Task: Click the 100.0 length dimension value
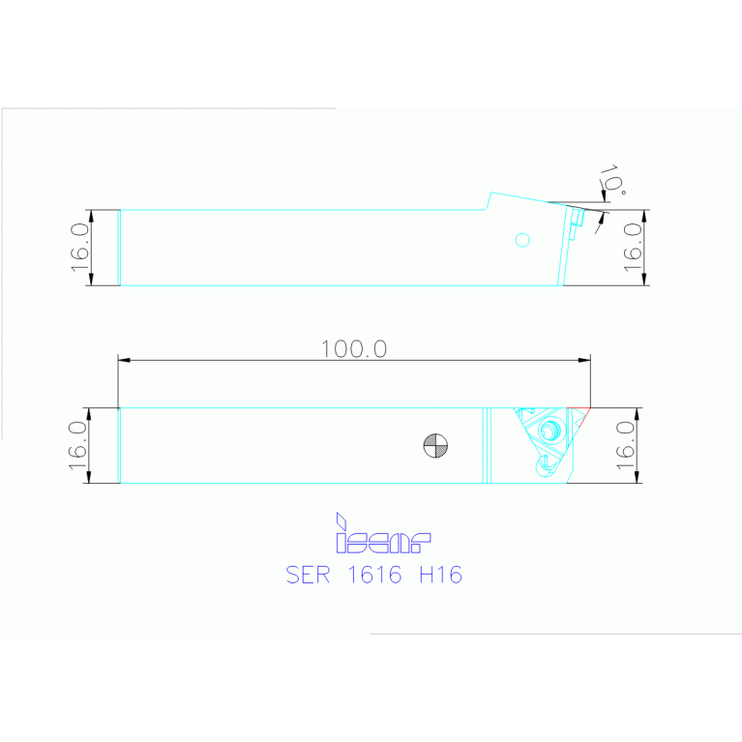click(x=354, y=349)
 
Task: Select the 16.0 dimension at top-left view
click(x=80, y=247)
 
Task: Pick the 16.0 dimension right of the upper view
click(x=634, y=247)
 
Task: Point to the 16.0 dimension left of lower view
click(x=79, y=445)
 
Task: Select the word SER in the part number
click(x=309, y=575)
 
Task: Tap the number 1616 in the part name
click(x=375, y=575)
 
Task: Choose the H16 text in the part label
click(x=440, y=575)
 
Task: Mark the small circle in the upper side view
click(x=523, y=239)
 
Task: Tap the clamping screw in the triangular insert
click(x=552, y=430)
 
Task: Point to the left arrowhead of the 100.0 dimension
click(x=123, y=361)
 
